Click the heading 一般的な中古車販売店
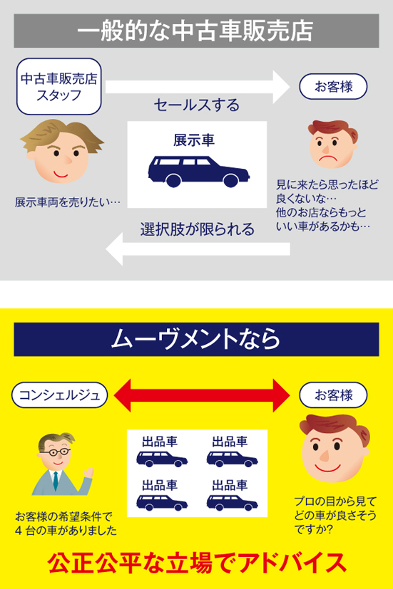(196, 31)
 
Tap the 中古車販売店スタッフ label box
(59, 86)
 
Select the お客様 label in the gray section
(333, 87)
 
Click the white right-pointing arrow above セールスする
(198, 87)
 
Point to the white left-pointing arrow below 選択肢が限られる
(198, 249)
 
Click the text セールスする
(197, 105)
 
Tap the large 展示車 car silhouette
(198, 172)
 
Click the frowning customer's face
(333, 145)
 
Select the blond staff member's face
(61, 151)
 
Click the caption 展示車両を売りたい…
(68, 202)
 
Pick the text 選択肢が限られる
(198, 229)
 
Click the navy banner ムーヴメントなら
(196, 339)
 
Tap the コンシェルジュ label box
(59, 395)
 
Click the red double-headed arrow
(202, 395)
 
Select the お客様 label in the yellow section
(333, 395)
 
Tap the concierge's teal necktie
(56, 481)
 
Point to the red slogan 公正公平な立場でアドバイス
(197, 563)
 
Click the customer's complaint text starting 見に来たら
(327, 206)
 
